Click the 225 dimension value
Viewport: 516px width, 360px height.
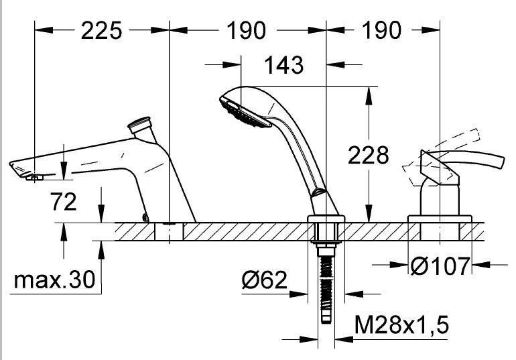(x=101, y=31)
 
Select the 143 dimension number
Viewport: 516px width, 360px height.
(x=283, y=65)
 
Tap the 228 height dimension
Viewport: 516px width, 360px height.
(x=369, y=155)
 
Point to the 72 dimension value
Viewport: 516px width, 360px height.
(x=63, y=201)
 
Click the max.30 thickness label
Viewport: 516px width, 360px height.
(x=55, y=280)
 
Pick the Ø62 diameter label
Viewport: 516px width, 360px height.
(x=264, y=280)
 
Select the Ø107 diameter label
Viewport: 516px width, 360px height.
(x=440, y=266)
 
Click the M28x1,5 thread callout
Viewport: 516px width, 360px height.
(x=401, y=324)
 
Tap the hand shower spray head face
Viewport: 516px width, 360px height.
(x=245, y=113)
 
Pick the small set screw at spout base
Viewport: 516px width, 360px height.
(x=145, y=217)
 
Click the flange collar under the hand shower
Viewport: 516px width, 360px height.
(x=326, y=219)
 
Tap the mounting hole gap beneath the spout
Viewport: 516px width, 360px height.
(x=169, y=232)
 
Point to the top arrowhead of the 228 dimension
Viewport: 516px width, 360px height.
(x=369, y=95)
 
